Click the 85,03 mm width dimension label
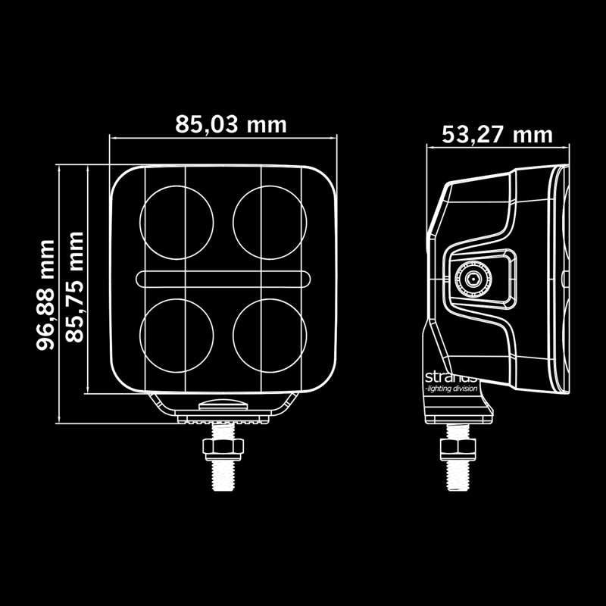[231, 123]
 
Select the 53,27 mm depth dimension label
[497, 134]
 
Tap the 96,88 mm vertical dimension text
[47, 294]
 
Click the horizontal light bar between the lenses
[223, 279]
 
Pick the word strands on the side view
[451, 376]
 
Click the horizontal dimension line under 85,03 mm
[223, 139]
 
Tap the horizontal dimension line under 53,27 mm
[497, 148]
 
